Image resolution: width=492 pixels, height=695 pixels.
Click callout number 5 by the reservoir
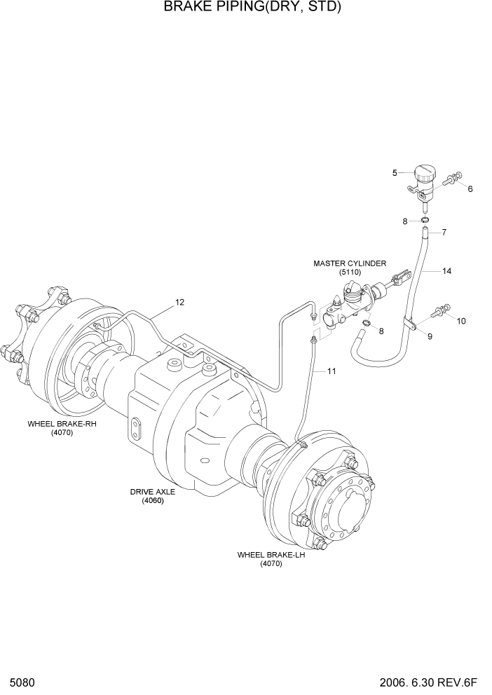pos(395,172)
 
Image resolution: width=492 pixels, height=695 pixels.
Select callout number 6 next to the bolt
pos(470,188)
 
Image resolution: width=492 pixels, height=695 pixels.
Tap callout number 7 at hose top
pos(444,231)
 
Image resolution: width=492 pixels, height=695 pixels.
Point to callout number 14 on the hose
pos(446,270)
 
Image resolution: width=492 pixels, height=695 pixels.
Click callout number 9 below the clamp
pos(430,336)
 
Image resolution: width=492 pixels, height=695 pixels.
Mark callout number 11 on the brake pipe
pos(331,371)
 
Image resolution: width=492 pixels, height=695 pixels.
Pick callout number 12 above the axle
pos(179,302)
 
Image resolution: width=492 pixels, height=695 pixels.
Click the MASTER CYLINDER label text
pos(349,263)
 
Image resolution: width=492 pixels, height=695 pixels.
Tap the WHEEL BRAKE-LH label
pos(271,554)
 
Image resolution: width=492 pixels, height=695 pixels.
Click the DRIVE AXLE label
pos(152,491)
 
